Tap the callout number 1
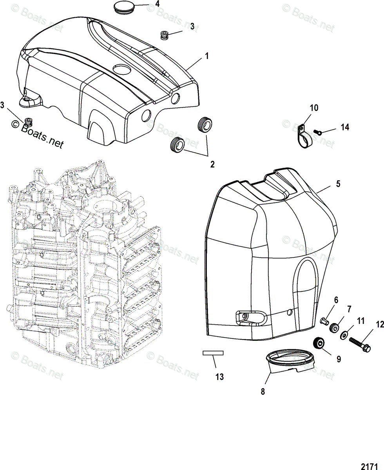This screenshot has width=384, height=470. [x=207, y=56]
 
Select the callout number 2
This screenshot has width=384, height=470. [x=212, y=164]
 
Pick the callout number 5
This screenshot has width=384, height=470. [x=338, y=183]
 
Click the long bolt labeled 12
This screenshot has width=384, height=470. [x=357, y=343]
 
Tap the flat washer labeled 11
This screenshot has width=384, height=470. [x=344, y=335]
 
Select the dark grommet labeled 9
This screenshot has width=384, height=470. [x=319, y=343]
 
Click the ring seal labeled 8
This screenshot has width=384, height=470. [x=290, y=361]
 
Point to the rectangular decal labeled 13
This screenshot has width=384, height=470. [x=213, y=353]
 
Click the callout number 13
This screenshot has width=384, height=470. [x=219, y=377]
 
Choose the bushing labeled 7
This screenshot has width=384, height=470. [x=334, y=327]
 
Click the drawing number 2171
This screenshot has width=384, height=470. [x=370, y=466]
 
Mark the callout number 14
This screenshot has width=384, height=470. [x=345, y=127]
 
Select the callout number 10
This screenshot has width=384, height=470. [x=314, y=108]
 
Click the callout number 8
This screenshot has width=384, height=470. [x=263, y=391]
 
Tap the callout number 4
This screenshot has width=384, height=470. [x=157, y=4]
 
